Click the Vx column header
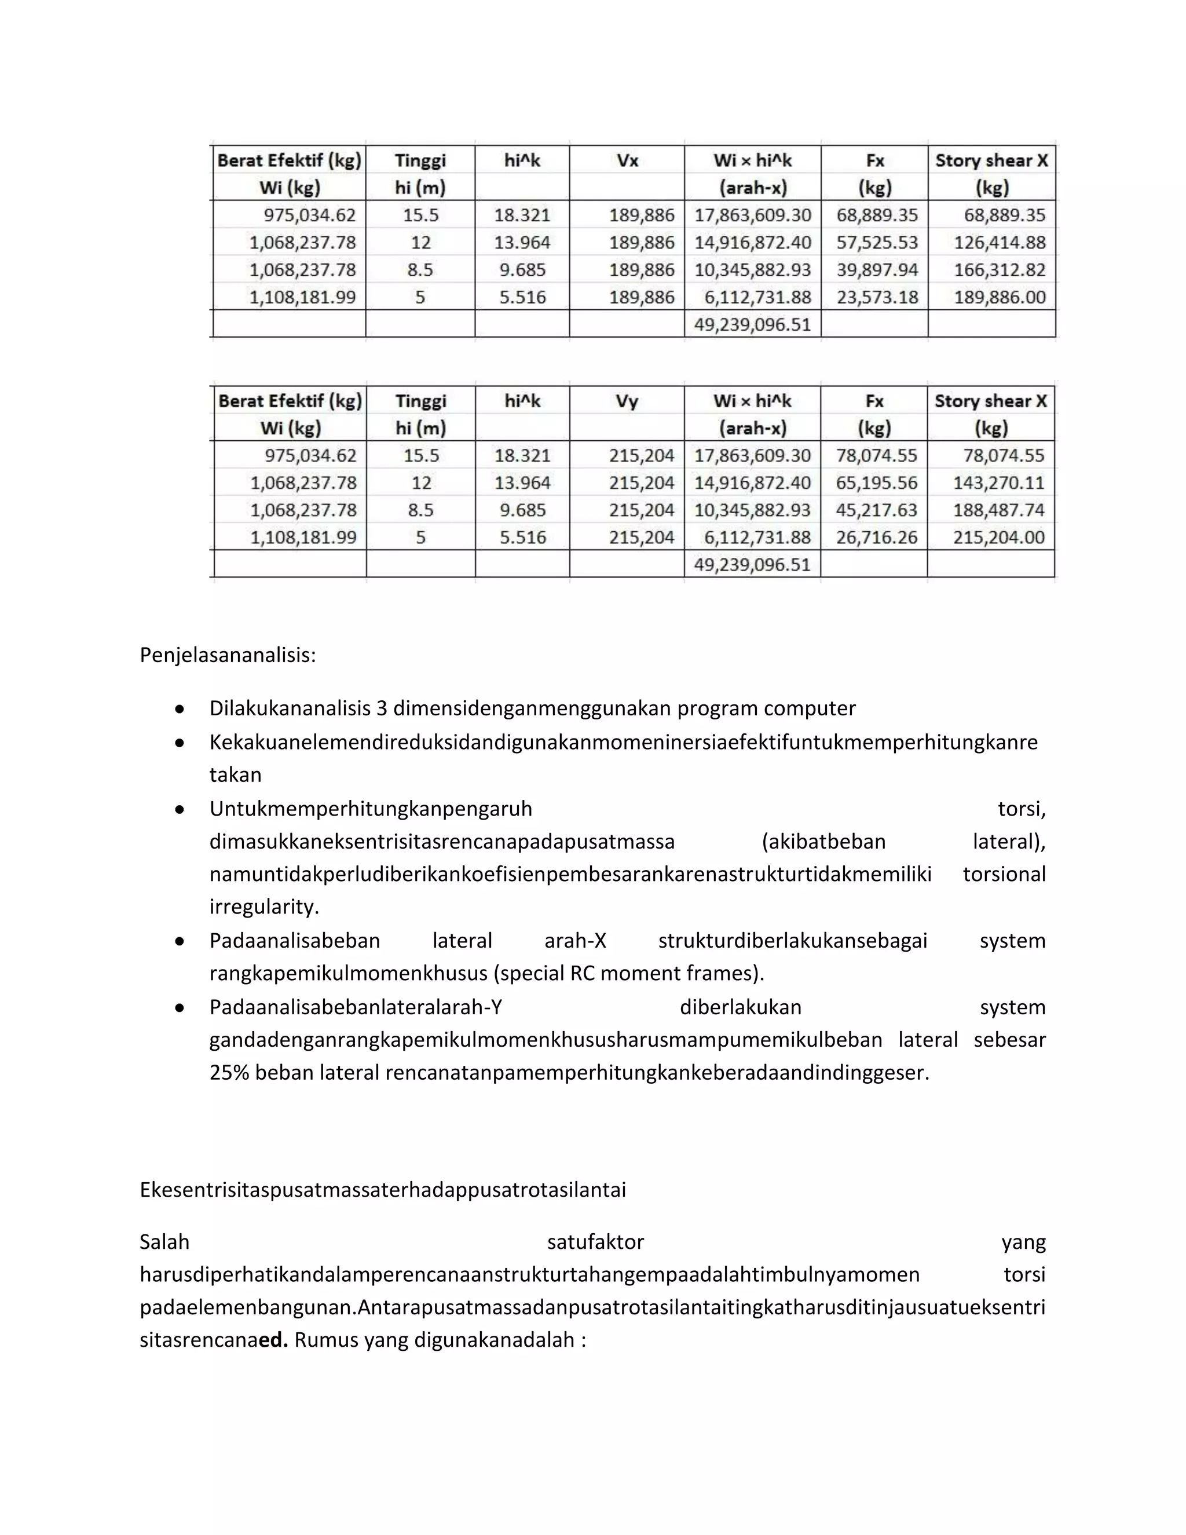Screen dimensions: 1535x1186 (x=627, y=161)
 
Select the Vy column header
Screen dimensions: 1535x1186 (x=627, y=401)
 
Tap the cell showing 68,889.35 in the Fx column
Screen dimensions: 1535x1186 (x=876, y=215)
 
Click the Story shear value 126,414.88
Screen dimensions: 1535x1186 (x=999, y=243)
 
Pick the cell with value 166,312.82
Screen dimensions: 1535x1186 (x=999, y=270)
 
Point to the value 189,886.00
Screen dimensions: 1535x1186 (x=999, y=297)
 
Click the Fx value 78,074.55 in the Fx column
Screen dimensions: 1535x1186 (x=876, y=455)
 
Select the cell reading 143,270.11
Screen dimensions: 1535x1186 (x=998, y=483)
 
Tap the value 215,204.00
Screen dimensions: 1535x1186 (x=998, y=538)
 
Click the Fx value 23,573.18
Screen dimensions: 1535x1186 (x=876, y=297)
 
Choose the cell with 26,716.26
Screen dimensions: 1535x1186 (x=876, y=538)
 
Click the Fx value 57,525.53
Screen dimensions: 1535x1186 (x=876, y=243)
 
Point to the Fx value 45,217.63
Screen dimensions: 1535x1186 (x=876, y=510)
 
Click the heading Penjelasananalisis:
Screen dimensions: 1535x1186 (x=228, y=655)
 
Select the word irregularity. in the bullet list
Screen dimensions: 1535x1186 (x=264, y=907)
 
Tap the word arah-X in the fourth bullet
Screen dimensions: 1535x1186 (x=574, y=940)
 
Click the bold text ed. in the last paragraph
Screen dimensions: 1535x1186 (x=273, y=1340)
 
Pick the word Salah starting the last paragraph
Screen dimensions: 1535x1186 (x=164, y=1242)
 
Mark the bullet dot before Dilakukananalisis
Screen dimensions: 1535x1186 (x=180, y=709)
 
